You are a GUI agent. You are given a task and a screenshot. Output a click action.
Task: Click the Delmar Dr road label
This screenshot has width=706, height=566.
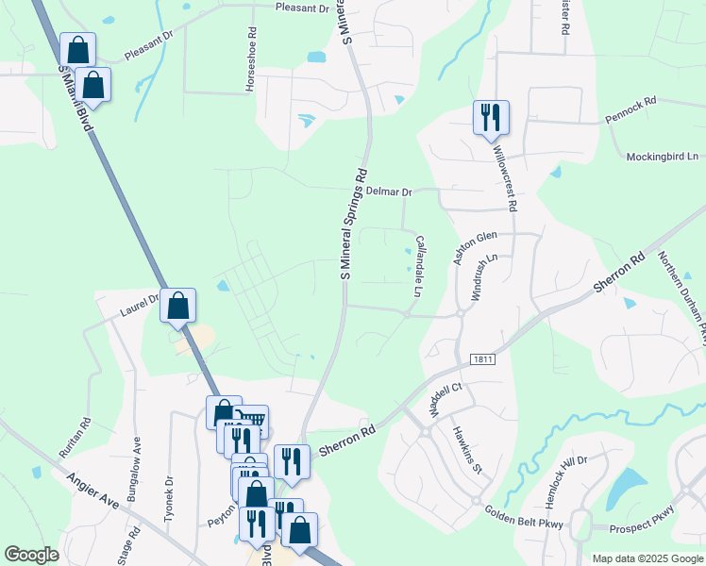[389, 191]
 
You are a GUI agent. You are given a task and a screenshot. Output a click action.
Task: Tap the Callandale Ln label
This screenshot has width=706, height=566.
[417, 265]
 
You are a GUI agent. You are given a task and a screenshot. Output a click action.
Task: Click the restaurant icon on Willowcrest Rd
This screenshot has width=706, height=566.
[491, 118]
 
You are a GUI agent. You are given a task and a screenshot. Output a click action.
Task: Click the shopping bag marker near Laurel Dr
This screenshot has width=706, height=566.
[177, 306]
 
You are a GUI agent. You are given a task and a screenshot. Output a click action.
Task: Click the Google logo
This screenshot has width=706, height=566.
[31, 555]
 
